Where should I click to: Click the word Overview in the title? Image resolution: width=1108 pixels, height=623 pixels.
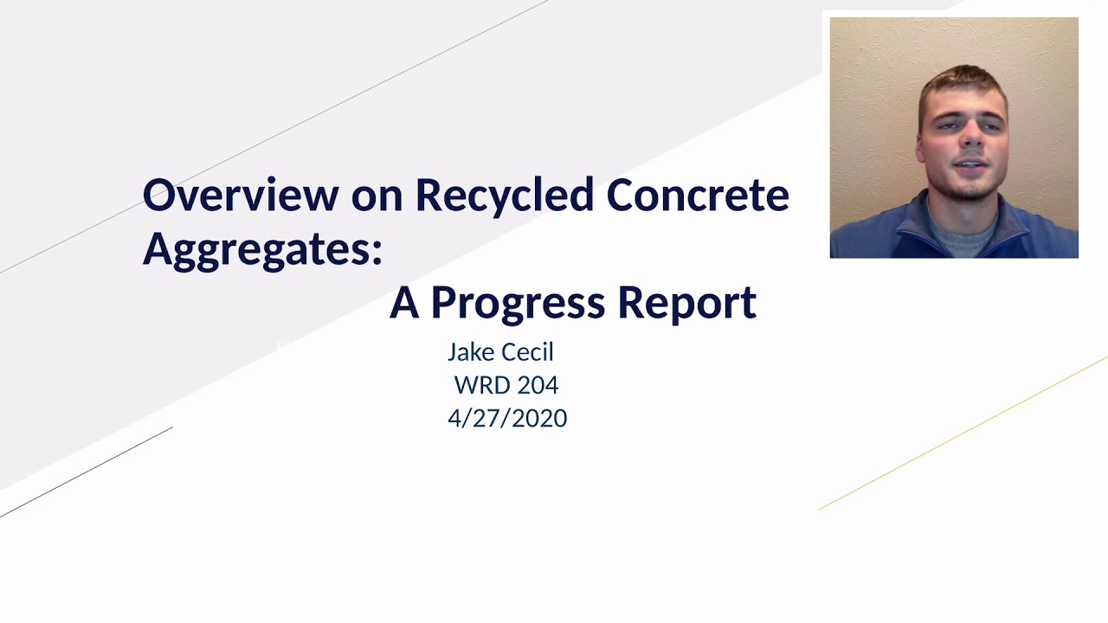tap(241, 196)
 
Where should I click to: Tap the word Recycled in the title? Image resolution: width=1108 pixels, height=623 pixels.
tap(504, 196)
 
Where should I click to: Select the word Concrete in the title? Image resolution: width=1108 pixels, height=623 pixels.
tap(697, 196)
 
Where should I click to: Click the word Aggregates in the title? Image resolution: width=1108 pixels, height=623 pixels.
tap(257, 249)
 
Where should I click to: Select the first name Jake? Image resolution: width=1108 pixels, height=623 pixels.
tap(471, 352)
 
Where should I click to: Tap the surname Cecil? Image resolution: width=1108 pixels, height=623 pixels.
tap(527, 352)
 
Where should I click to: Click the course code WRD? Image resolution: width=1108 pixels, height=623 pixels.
tap(482, 385)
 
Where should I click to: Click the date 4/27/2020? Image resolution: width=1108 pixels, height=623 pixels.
tap(507, 418)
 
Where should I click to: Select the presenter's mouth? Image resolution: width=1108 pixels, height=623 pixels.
tap(969, 164)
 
